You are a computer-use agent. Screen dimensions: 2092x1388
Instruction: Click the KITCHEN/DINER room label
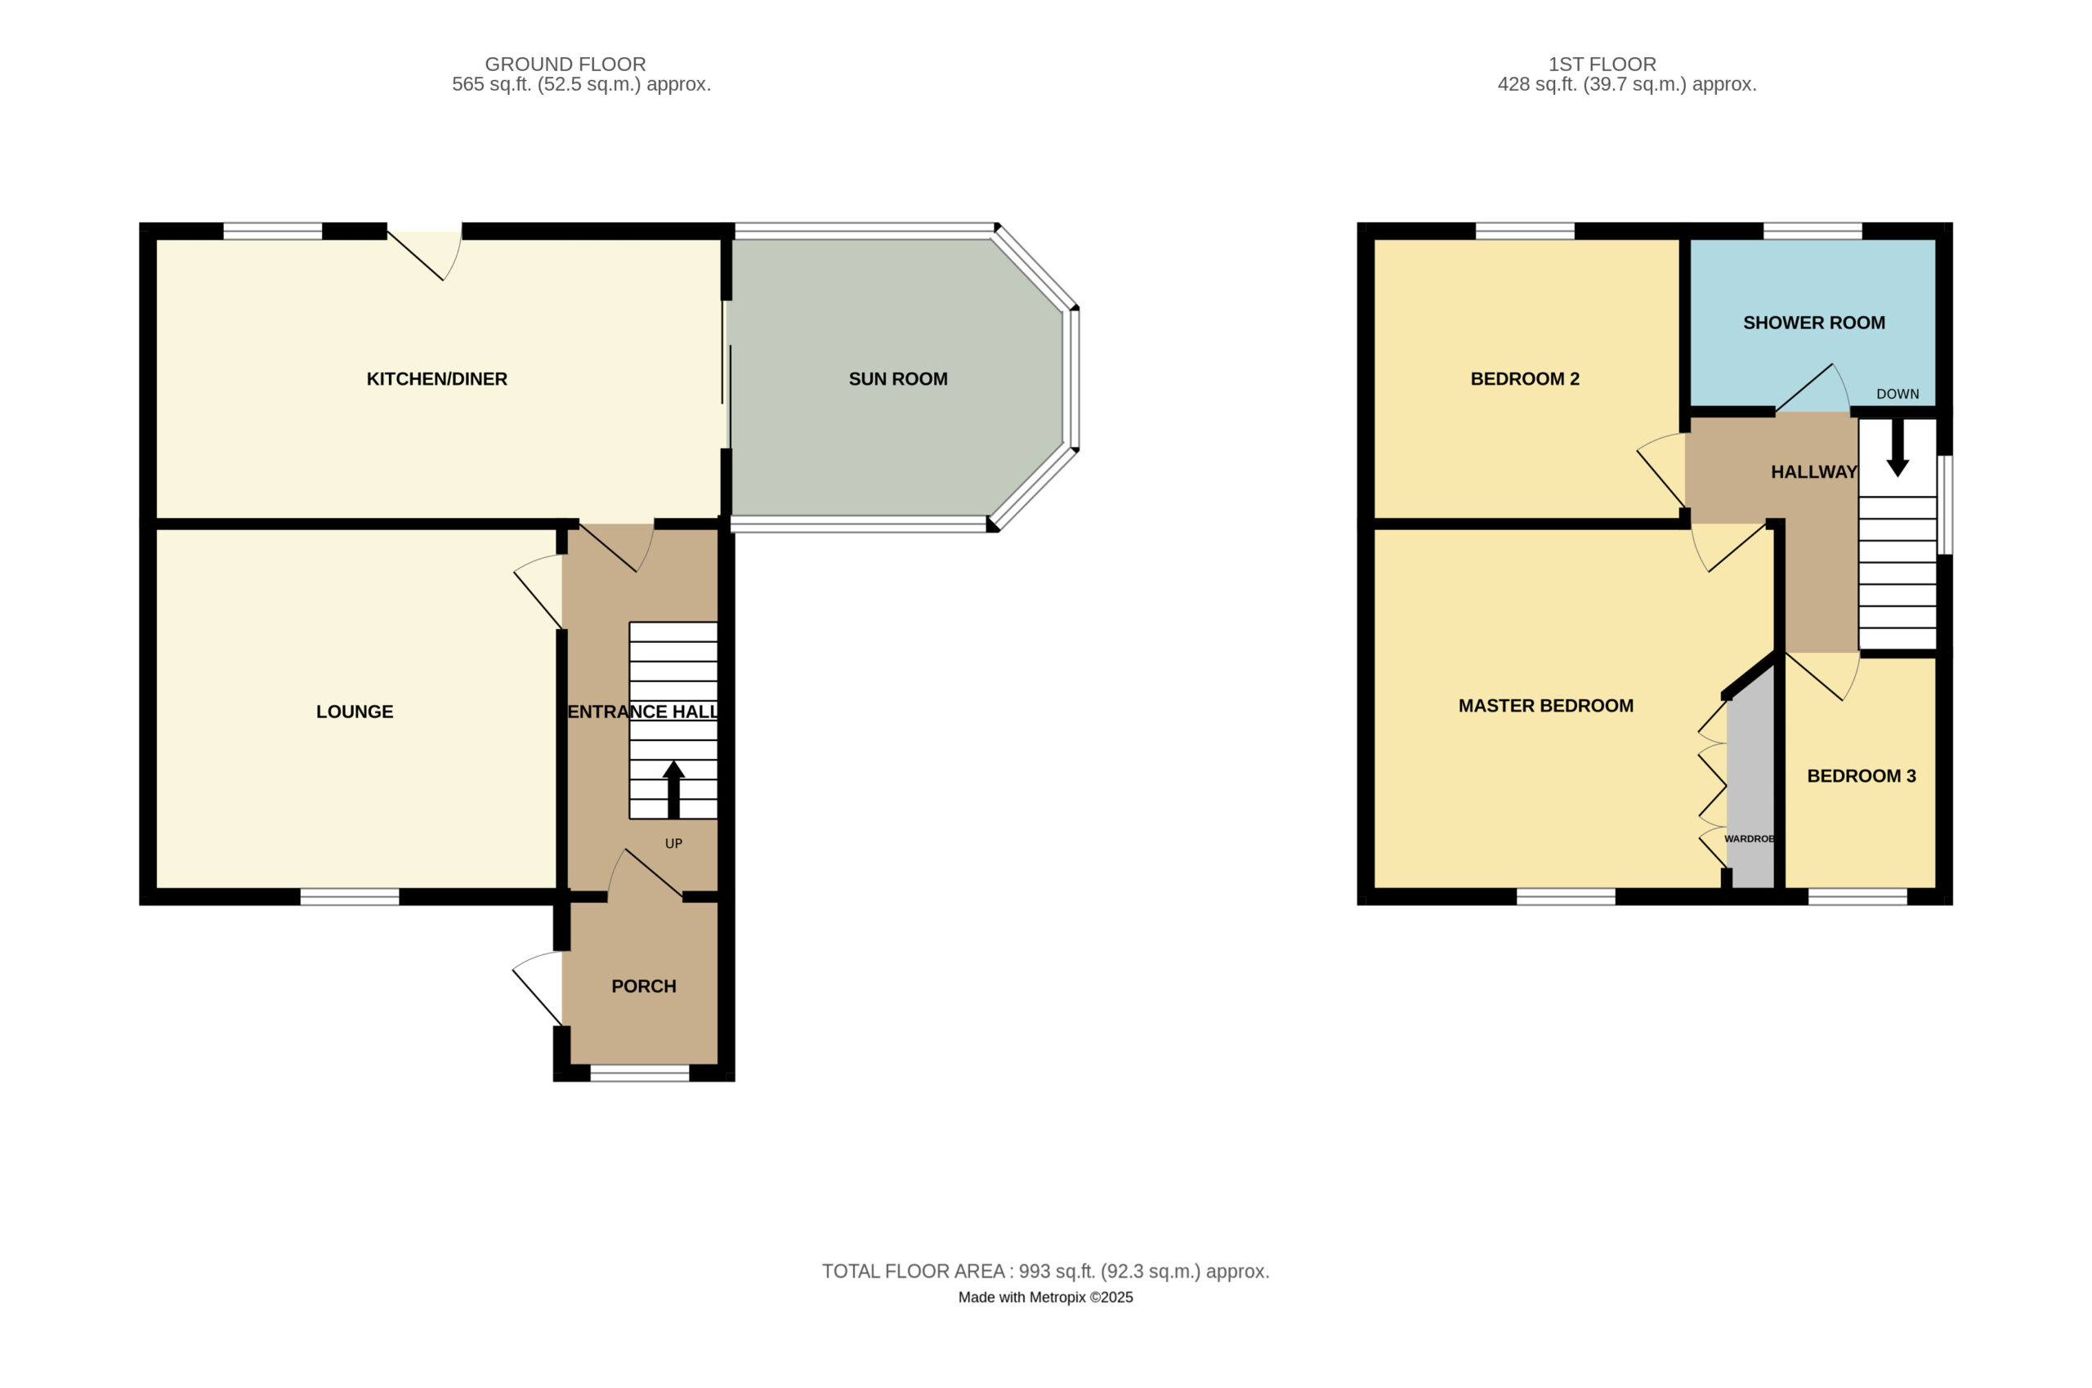436,379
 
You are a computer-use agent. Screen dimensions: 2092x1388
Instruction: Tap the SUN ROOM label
898,379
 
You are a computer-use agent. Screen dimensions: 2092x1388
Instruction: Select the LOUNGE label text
354,712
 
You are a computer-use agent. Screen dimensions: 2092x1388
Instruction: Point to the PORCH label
644,986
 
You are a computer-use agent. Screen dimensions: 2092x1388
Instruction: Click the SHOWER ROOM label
1814,323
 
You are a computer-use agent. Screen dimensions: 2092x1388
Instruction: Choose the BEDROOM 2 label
1525,379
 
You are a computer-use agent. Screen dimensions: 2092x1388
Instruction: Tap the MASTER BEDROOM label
1546,706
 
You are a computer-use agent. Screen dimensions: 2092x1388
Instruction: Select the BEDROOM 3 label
1861,776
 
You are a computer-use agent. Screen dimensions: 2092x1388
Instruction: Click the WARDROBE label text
1750,838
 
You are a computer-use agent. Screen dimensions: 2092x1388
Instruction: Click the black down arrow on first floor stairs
1898,447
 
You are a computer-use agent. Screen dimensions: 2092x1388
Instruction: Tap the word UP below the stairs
673,844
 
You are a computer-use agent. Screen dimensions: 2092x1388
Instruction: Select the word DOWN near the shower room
1898,394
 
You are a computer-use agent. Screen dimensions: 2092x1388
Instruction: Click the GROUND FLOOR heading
565,64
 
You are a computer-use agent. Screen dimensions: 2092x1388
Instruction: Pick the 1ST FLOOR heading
1602,64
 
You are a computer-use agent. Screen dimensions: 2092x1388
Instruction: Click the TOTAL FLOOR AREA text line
1045,1271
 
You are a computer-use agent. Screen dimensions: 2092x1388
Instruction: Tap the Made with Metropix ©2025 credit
1045,1297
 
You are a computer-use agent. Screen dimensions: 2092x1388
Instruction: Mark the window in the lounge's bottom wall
350,897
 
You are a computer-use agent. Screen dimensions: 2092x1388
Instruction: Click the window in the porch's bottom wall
639,1073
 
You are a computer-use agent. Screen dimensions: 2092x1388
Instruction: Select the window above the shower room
1813,231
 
